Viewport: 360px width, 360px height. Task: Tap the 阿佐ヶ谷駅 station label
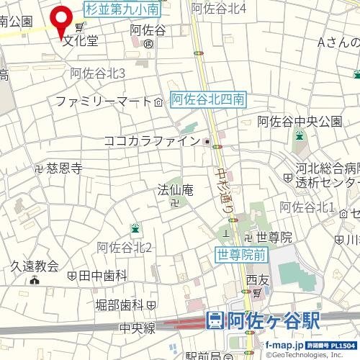(x=273, y=320)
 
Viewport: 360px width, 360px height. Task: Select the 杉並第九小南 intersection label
(x=123, y=9)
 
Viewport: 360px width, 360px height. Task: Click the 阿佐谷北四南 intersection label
(x=210, y=101)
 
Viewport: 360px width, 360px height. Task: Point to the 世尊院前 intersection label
(x=243, y=253)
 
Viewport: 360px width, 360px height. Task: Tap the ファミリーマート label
(x=102, y=101)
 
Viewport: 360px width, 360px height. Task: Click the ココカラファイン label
(x=151, y=141)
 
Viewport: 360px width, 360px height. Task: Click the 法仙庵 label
(x=176, y=190)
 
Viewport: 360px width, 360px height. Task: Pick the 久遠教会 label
(x=34, y=266)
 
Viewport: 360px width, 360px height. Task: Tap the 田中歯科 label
(x=102, y=276)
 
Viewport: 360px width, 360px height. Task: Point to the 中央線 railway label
(x=138, y=328)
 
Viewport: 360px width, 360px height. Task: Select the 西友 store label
(x=256, y=279)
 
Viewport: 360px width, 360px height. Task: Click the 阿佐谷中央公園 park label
(x=300, y=120)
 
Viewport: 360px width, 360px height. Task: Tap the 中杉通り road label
(x=225, y=189)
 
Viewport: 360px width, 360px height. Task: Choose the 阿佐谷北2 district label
(x=124, y=248)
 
